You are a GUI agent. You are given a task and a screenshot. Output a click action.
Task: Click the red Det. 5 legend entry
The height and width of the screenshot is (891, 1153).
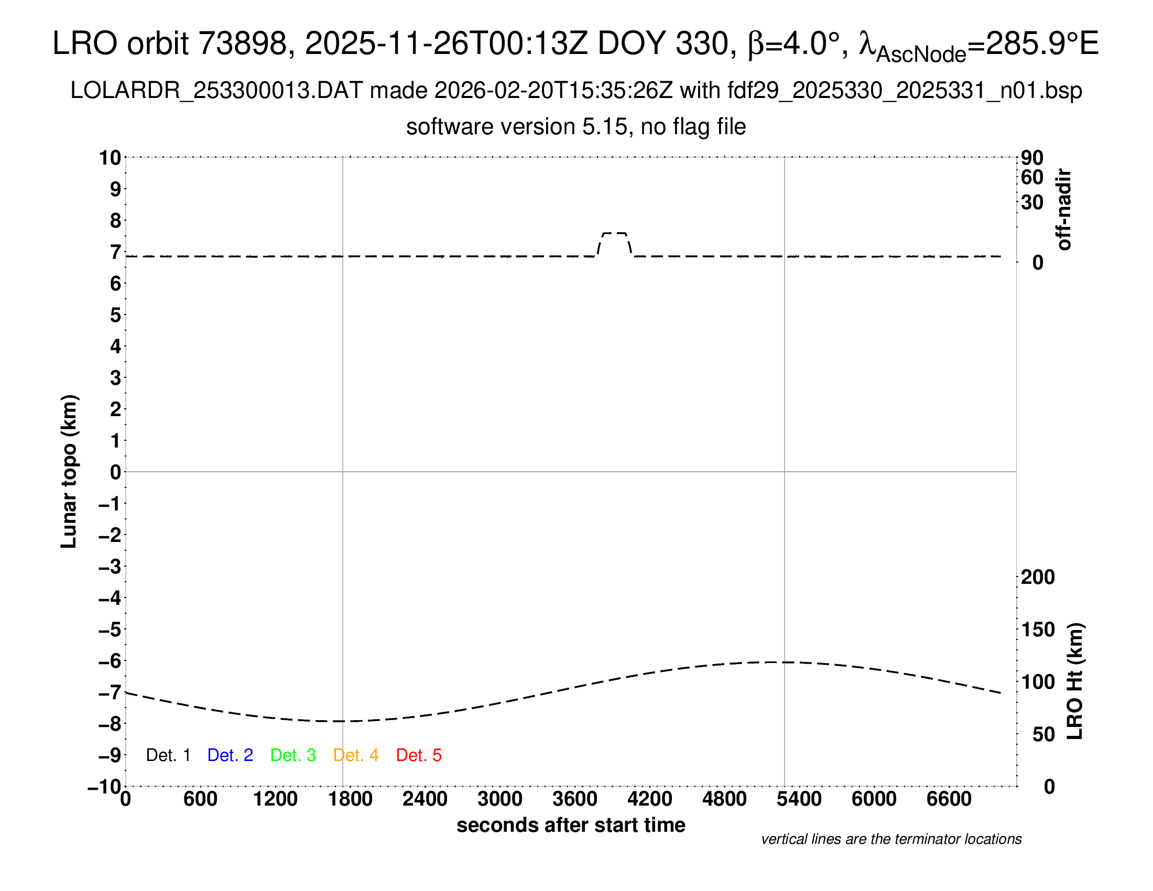419,755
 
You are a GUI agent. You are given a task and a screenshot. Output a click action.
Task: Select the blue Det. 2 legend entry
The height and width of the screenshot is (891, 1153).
230,755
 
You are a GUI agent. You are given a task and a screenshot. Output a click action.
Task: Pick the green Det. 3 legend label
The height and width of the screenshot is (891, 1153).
293,755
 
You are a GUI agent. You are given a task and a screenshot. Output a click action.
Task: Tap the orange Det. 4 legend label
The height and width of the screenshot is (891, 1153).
356,755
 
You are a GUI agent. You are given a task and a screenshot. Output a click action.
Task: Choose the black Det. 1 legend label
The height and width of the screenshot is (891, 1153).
168,755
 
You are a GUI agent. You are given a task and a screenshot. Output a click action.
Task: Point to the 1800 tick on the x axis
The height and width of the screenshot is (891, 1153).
350,799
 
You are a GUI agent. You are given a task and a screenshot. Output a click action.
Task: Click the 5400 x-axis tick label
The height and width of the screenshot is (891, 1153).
799,799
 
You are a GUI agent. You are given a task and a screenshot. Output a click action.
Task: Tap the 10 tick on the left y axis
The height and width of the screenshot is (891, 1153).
111,157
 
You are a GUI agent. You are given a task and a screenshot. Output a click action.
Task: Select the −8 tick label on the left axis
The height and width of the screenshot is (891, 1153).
110,724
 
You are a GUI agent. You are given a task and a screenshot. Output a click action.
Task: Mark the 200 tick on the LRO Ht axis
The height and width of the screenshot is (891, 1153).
1038,577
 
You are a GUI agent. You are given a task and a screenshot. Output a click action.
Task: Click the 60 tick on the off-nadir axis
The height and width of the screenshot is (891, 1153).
1032,177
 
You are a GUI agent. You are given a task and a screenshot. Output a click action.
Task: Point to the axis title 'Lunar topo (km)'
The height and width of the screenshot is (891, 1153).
69,471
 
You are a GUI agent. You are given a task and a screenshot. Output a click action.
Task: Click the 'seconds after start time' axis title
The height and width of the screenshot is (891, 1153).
571,825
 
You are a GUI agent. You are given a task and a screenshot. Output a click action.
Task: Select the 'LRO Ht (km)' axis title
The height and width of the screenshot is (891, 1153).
1075,681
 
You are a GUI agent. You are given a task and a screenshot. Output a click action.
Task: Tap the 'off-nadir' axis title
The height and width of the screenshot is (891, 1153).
1064,210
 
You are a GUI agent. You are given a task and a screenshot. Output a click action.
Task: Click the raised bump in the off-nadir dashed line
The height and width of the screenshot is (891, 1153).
615,234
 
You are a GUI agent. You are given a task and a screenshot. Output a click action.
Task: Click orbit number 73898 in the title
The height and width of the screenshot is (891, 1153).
242,44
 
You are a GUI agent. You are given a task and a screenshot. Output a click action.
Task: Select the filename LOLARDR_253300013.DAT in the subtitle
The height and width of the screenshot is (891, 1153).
216,91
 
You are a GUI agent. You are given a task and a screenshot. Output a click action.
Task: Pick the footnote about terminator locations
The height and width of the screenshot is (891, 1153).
891,839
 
